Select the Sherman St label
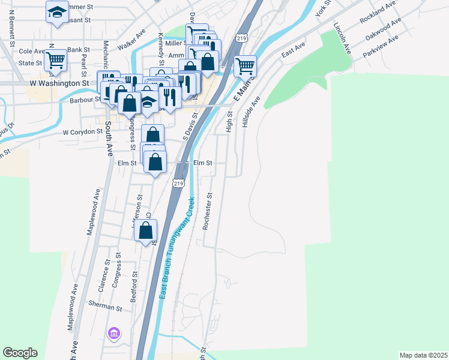point(105,307)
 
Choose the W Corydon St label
point(82,131)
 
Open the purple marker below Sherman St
point(113,332)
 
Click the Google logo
point(20,353)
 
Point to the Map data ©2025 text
point(423,355)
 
